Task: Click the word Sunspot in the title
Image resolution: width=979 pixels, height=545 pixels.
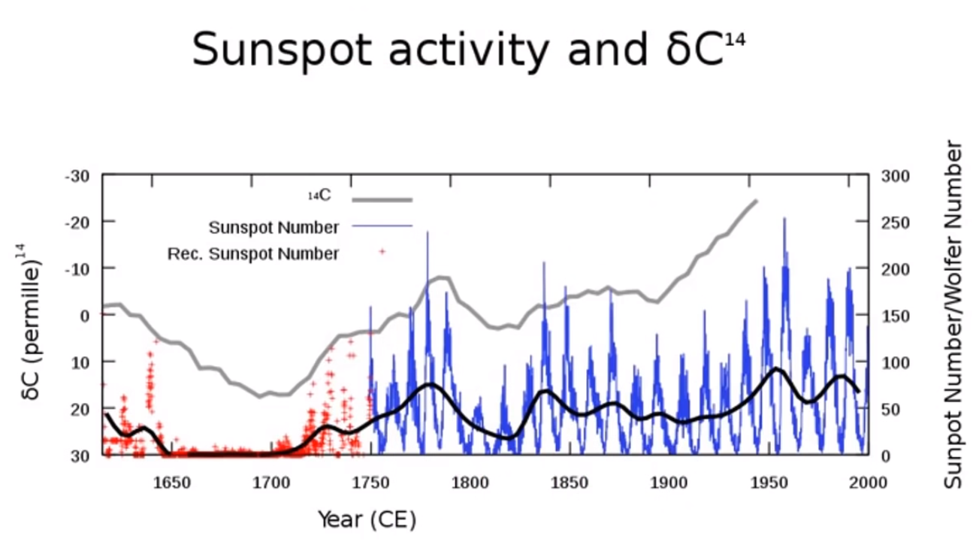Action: tap(282, 50)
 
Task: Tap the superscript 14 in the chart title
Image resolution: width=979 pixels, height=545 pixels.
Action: tap(735, 41)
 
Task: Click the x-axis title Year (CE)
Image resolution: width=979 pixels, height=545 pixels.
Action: tap(367, 520)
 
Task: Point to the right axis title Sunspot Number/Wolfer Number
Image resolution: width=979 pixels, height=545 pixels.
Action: tap(953, 314)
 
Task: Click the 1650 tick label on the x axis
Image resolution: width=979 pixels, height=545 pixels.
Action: tap(172, 483)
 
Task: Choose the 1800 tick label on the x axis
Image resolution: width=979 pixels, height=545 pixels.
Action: tap(470, 483)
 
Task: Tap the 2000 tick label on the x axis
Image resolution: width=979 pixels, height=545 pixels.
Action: tap(868, 483)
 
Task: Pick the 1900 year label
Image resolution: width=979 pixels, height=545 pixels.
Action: tap(669, 483)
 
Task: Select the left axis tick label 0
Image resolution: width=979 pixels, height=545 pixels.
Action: tap(85, 316)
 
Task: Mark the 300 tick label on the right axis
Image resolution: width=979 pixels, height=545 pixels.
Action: tap(896, 176)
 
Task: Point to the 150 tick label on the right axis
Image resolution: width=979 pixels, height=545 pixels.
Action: tap(896, 316)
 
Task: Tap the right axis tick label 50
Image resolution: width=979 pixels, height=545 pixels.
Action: tap(890, 410)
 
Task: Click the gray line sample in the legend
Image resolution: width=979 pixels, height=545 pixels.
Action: tap(382, 200)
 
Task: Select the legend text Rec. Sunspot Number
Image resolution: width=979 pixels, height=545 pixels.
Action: tap(253, 253)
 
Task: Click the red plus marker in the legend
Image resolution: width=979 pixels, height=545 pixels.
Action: tap(382, 252)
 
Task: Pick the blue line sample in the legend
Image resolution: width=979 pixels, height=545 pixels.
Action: tap(382, 226)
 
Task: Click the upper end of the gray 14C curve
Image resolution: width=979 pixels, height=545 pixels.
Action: tap(756, 201)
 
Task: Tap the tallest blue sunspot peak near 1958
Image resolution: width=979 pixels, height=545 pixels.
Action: tap(784, 218)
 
